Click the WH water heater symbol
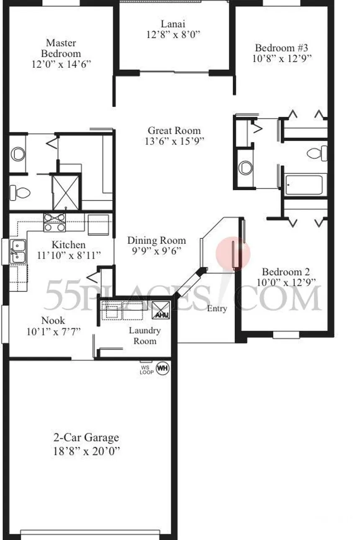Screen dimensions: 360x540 tap(163, 368)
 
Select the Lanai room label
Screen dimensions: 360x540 tap(173, 24)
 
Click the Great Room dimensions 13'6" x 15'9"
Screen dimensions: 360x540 tap(174, 141)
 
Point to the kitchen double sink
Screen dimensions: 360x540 tap(18, 251)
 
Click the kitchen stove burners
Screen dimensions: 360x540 tap(55, 222)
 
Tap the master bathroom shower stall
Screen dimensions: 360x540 tap(66, 193)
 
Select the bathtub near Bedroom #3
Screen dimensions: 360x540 tap(304, 185)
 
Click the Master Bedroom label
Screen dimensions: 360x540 tap(61, 48)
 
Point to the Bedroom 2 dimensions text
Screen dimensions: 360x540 tap(286, 282)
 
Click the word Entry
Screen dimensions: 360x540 tap(217, 309)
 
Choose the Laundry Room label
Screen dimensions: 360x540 tap(145, 336)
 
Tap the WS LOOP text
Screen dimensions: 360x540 tap(147, 370)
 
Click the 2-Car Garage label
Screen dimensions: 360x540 tap(86, 437)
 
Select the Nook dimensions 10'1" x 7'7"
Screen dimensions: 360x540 tap(53, 332)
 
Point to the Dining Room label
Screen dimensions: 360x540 tap(157, 240)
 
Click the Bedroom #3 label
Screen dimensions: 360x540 tap(281, 48)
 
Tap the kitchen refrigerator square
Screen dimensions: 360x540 tap(98, 224)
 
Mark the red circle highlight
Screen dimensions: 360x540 tap(233, 254)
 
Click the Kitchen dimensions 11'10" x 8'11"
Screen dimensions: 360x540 tap(69, 255)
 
